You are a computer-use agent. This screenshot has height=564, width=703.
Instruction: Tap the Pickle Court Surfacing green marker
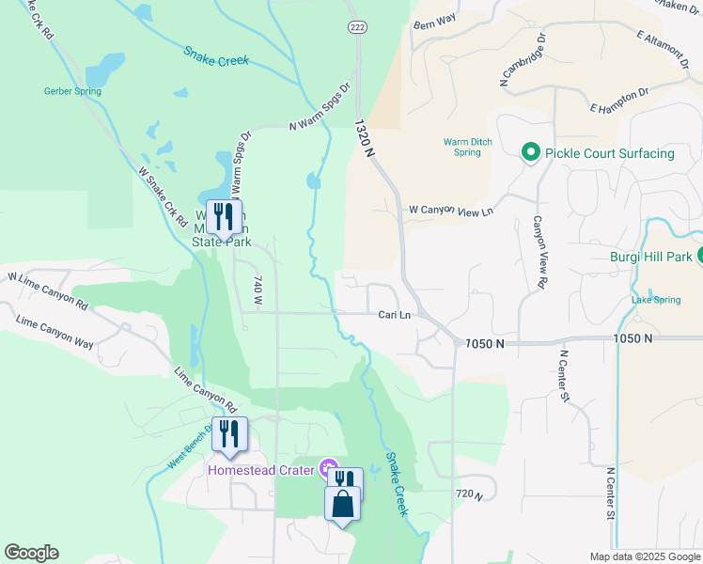(x=529, y=152)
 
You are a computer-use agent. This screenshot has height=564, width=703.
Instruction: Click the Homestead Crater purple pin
(x=328, y=467)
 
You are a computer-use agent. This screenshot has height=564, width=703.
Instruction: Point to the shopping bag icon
(x=343, y=503)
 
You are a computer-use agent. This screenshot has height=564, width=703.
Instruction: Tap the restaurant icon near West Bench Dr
(x=229, y=434)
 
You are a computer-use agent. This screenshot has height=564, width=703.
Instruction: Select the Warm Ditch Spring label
(x=462, y=148)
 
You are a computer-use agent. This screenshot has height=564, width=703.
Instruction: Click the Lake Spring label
(x=655, y=300)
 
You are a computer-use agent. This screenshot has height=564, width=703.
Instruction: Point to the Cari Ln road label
(x=394, y=315)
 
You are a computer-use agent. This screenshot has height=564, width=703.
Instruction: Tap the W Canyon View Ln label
(x=450, y=211)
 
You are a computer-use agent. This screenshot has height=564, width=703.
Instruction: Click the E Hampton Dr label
(x=620, y=102)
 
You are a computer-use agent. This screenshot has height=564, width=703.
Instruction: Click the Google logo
(x=31, y=553)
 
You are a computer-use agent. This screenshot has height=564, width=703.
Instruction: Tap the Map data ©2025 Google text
(x=644, y=556)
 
